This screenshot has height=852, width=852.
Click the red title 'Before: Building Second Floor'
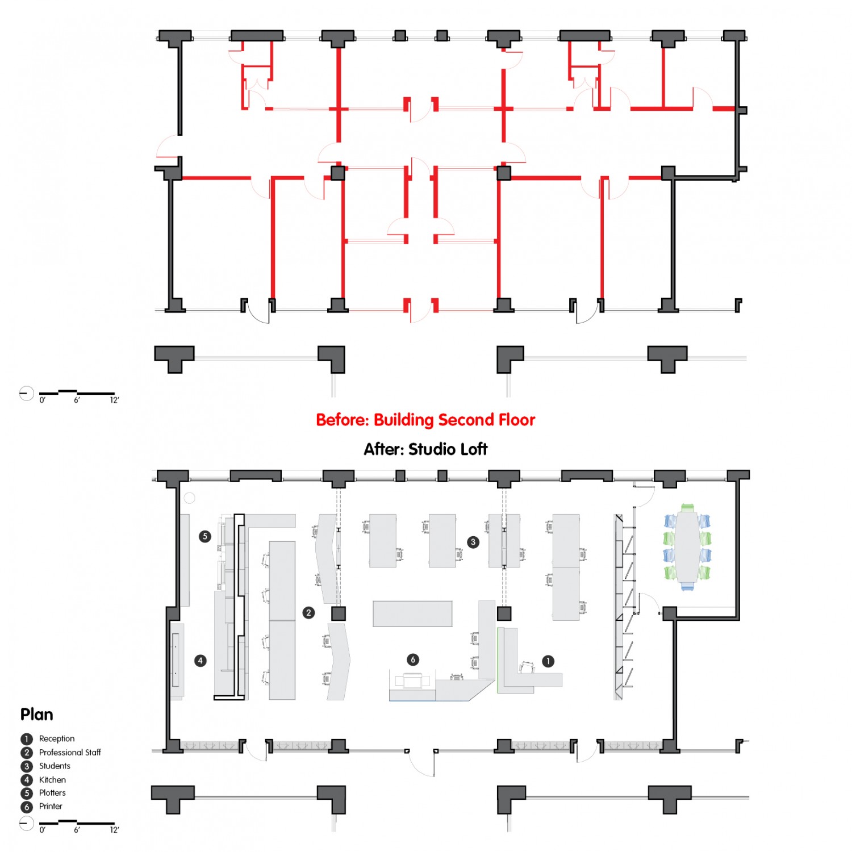click(x=425, y=420)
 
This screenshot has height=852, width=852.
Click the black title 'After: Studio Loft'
click(x=425, y=449)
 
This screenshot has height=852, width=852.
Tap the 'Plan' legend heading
click(x=37, y=715)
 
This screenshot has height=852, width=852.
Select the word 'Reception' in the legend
click(x=57, y=738)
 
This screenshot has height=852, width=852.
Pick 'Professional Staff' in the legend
click(x=70, y=752)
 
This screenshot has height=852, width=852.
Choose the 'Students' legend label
click(x=55, y=766)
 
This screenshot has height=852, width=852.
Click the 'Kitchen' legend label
click(x=52, y=779)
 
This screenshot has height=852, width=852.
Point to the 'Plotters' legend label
click(x=52, y=792)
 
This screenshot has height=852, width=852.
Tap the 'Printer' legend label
click(x=51, y=806)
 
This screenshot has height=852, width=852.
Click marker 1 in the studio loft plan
click(x=548, y=661)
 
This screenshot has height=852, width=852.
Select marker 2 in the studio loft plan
click(x=308, y=613)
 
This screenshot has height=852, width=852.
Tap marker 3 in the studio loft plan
click(x=473, y=542)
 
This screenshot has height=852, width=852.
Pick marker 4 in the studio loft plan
click(x=200, y=661)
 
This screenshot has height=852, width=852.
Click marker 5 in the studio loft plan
click(x=205, y=536)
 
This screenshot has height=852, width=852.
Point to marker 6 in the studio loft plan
click(x=413, y=659)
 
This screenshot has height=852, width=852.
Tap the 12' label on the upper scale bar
click(x=115, y=400)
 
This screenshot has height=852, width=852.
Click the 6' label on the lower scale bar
click(x=77, y=830)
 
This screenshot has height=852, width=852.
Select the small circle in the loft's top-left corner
click(x=190, y=498)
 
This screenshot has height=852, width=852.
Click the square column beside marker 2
click(x=339, y=613)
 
